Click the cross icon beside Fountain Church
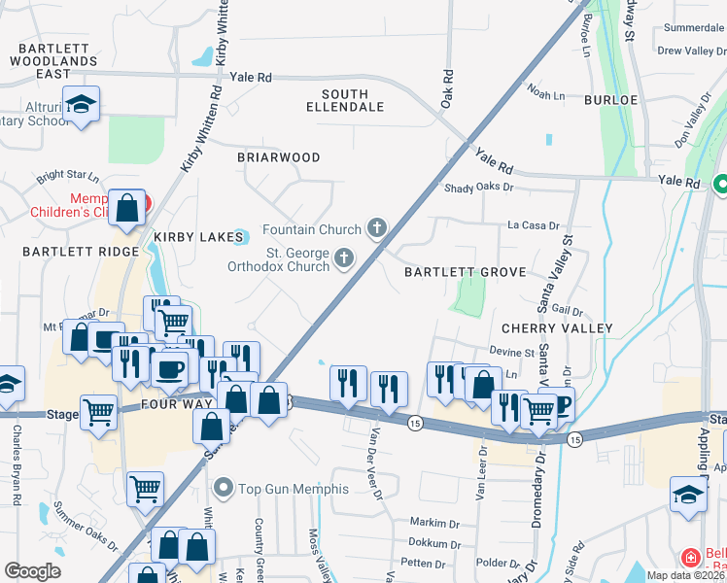[377, 229]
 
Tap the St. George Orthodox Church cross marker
[343, 257]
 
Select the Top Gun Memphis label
[282, 486]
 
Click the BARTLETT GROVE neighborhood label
[465, 272]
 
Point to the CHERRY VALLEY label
[557, 328]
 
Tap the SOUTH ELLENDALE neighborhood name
[345, 100]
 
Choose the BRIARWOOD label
[279, 156]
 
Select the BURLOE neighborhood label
[609, 99]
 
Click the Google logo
[32, 570]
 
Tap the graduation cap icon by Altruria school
[81, 104]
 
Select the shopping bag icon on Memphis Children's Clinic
[127, 207]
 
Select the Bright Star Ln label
[68, 179]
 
